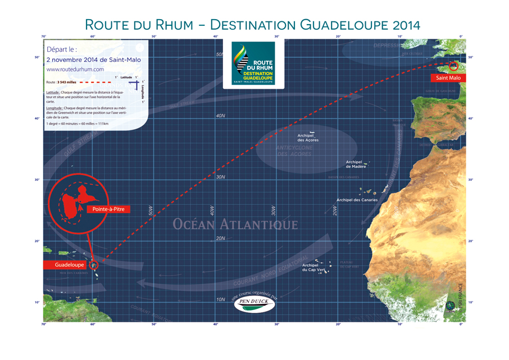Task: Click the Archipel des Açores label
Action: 308,138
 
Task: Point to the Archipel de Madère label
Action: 356,165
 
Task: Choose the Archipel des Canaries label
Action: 357,200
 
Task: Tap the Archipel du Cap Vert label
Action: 310,267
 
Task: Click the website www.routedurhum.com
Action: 75,69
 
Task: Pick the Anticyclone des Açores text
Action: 291,151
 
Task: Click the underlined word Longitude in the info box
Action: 54,107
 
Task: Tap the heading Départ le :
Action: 63,49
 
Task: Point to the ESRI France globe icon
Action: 450,307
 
